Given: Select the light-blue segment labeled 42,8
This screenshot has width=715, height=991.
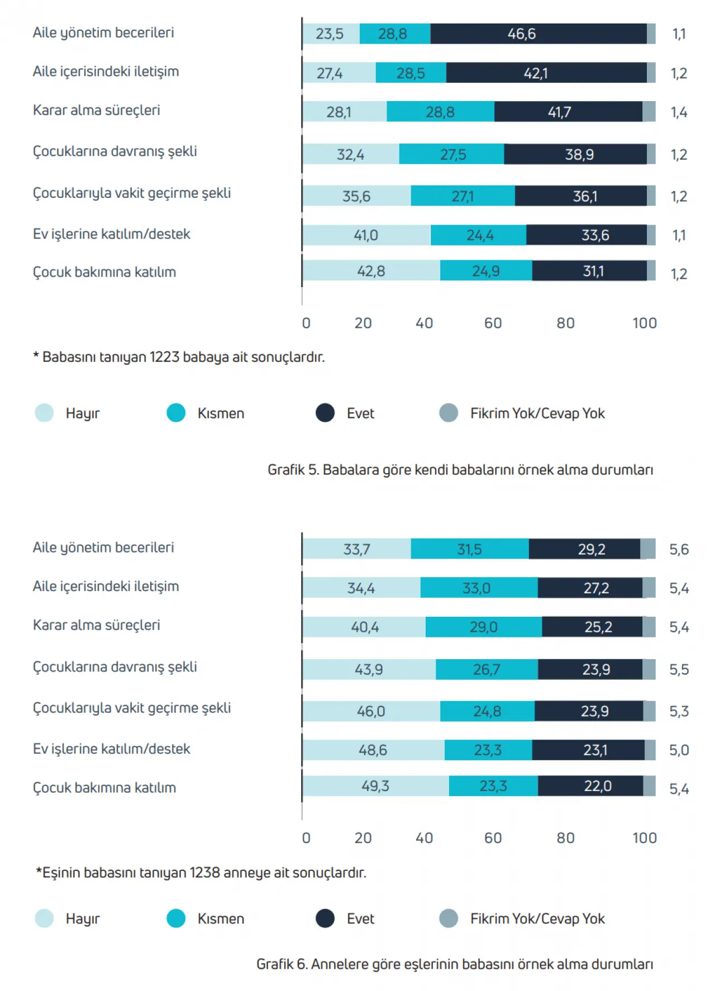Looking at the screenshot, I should coord(371,271).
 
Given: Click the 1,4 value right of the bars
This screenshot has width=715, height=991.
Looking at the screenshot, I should coord(679,112).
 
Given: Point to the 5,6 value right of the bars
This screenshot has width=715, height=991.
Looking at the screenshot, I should coord(679,550).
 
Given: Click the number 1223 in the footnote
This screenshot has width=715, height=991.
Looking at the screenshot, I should coord(164,357).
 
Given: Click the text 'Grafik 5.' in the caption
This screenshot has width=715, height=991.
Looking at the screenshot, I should coord(293,470).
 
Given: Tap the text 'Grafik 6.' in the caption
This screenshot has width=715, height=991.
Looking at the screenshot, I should coord(282,964).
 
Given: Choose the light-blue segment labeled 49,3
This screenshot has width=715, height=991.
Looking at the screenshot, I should coord(375,786).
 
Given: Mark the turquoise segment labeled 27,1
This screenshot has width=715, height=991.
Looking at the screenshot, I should coord(463,196).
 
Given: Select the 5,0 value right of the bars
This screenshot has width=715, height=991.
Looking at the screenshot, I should coord(679,750).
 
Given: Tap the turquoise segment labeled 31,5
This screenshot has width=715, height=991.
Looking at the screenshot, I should coord(469,549).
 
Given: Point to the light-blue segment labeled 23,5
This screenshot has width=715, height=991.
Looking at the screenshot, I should coord(330,34).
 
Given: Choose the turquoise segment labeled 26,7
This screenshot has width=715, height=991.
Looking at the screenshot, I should coord(487,669).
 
